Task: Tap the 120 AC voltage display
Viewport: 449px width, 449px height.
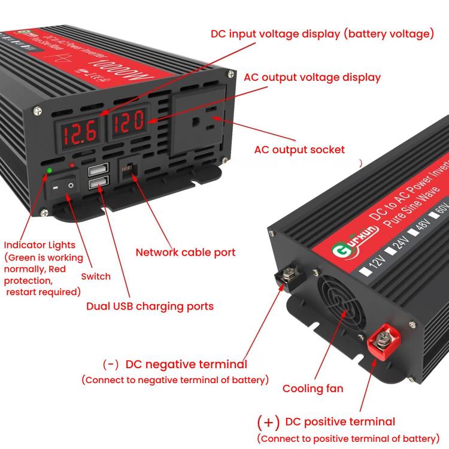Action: tap(126, 123)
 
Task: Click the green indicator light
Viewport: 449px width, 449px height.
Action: tap(48, 171)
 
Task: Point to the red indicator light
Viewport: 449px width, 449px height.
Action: tap(72, 165)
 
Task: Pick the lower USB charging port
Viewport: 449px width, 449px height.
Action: tap(96, 184)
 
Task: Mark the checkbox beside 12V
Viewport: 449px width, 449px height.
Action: tap(365, 270)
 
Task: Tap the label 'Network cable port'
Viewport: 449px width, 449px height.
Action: tap(185, 252)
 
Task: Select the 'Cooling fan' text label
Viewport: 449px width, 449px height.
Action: tap(313, 389)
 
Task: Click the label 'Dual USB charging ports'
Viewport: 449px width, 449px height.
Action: tap(150, 306)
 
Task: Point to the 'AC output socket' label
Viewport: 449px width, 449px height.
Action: tap(299, 150)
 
